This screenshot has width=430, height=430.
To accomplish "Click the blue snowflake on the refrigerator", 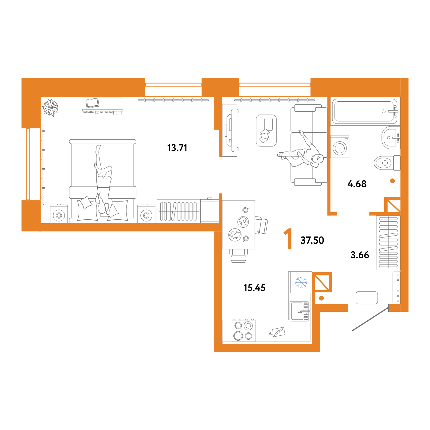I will (301, 282).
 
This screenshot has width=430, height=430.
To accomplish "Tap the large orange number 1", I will (288, 239).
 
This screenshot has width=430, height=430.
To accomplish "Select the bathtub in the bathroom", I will (364, 111).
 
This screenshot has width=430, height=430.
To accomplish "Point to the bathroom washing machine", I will (340, 147).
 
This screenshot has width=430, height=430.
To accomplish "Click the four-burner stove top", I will (243, 331).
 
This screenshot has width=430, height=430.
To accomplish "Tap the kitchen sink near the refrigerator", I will (299, 311).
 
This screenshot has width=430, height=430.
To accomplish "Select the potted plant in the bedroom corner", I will (50, 107).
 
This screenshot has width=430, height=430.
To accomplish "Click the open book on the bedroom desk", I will (92, 103).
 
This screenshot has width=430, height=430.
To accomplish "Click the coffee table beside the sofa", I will (266, 131).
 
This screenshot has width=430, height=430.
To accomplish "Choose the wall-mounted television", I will (230, 131).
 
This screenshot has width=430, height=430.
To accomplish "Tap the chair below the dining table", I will (238, 256).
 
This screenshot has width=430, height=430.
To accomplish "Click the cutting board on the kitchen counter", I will (277, 332).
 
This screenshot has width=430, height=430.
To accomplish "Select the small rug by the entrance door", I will (367, 298).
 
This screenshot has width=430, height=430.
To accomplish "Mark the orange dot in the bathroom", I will (392, 181).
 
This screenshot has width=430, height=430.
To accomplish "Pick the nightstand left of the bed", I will (59, 214).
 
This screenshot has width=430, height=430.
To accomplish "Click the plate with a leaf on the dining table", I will (235, 235).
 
